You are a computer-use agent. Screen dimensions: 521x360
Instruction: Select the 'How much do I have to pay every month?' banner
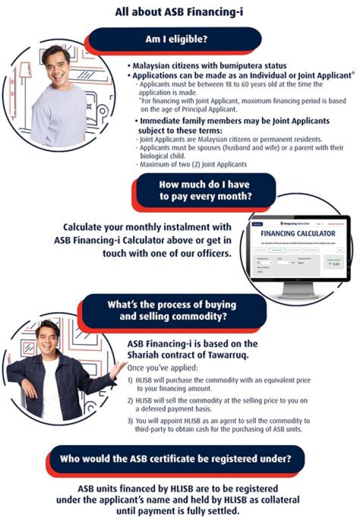[x=204, y=190]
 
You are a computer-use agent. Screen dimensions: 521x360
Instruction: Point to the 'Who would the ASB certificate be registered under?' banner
[x=175, y=458]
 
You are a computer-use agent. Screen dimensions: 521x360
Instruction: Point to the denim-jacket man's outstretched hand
[x=119, y=369]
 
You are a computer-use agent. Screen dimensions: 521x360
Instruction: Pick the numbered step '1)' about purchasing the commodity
[x=131, y=380]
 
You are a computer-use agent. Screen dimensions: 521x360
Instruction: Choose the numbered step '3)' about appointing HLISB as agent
[x=131, y=420]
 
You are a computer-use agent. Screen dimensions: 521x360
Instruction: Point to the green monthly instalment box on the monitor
[x=334, y=263]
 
